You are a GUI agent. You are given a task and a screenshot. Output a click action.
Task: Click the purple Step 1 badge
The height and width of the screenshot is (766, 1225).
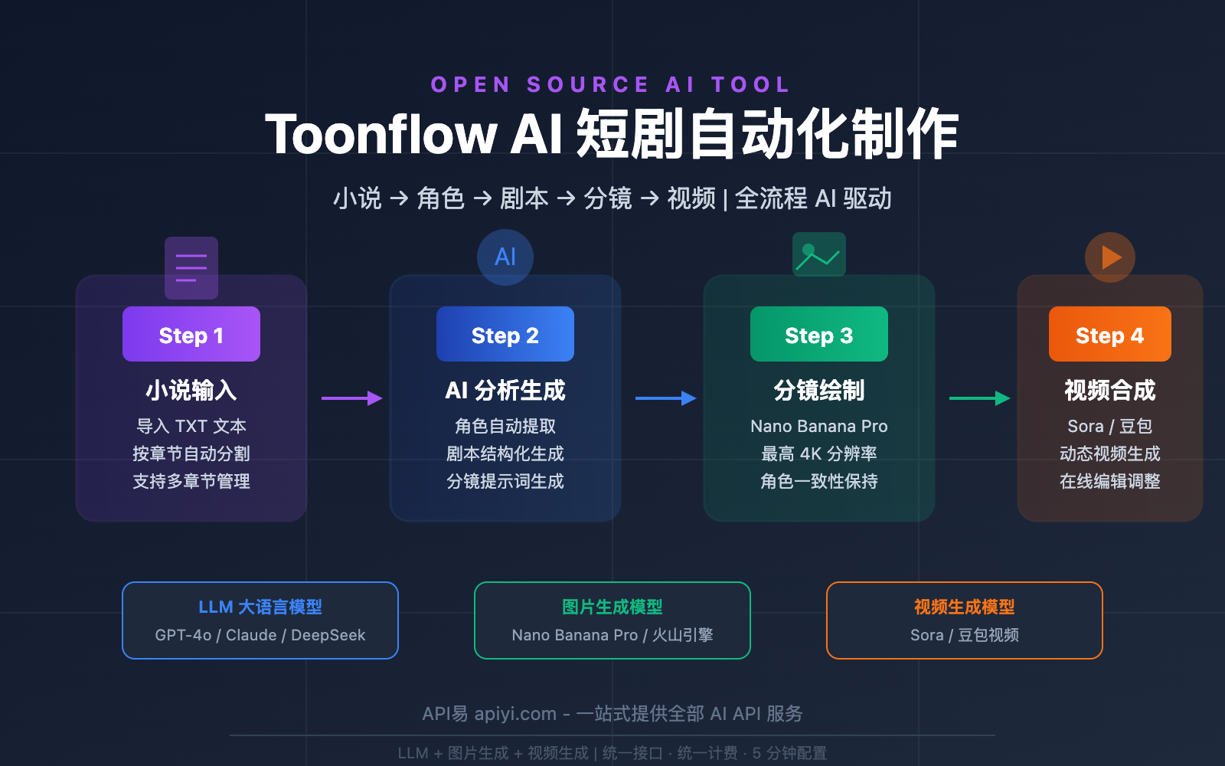[x=191, y=335]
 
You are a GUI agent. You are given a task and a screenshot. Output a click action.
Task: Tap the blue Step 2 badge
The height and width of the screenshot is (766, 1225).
[x=505, y=335]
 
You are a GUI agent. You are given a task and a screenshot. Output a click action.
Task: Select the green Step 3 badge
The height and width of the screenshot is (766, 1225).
[x=819, y=335]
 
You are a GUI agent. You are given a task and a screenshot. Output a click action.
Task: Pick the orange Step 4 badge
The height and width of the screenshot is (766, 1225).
[x=1109, y=335]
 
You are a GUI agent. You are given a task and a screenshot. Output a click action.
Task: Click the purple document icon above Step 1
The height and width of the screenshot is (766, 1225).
[x=191, y=267]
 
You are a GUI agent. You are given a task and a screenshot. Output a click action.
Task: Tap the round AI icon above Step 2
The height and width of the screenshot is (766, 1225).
[x=505, y=257]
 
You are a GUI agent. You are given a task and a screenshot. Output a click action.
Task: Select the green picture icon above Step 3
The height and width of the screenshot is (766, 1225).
[x=818, y=254]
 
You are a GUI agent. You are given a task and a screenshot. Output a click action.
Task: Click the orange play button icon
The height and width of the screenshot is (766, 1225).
[x=1110, y=257]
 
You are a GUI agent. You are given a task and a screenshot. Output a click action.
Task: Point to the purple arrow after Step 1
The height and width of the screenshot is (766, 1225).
[x=351, y=398]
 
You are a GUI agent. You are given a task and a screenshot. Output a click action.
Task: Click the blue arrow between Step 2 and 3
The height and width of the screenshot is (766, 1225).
[x=665, y=398]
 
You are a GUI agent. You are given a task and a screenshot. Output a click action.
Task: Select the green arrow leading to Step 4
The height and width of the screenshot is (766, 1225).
[x=979, y=398]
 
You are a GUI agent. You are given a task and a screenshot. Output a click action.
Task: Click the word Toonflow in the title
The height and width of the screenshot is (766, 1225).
[x=381, y=135]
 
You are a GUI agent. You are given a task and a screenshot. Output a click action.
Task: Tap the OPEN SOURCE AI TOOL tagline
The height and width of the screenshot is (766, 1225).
[x=611, y=84]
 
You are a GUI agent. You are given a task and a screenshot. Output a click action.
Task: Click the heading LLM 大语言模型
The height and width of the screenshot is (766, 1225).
[x=260, y=607]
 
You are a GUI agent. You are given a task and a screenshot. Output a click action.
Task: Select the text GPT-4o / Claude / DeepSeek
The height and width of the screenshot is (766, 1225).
[x=260, y=635]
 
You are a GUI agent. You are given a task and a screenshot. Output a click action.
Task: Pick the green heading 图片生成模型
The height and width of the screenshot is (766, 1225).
[x=612, y=607]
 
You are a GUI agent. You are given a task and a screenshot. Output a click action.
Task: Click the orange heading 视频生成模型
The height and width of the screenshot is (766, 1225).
[x=965, y=607]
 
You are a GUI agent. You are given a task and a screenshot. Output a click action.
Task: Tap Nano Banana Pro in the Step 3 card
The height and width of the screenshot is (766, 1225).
[x=819, y=426]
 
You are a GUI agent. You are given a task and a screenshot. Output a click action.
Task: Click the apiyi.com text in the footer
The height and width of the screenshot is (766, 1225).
[x=515, y=714]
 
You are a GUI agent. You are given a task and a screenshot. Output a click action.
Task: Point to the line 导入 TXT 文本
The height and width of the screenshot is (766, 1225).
[x=191, y=426]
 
